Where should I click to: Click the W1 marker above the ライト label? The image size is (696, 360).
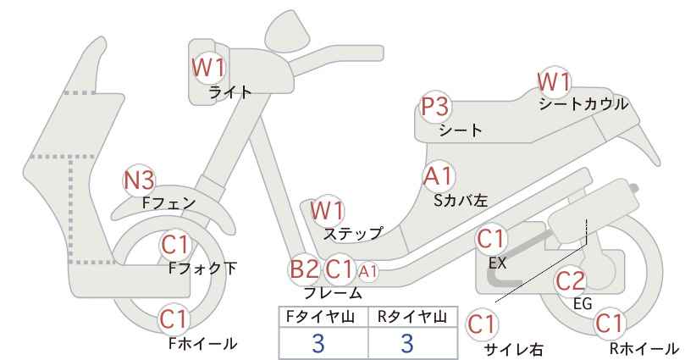tap(209, 68)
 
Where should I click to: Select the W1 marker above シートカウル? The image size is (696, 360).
tap(555, 82)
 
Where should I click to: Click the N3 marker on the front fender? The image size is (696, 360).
tap(139, 180)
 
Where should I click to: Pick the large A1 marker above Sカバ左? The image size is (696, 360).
tap(439, 176)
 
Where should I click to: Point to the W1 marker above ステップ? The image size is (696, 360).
tap(328, 211)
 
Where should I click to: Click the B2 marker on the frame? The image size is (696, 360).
tap(305, 269)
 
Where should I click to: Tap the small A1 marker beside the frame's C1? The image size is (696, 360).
tap(368, 271)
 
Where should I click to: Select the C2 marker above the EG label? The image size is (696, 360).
tap(571, 281)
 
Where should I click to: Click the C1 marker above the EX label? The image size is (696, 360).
tap(491, 240)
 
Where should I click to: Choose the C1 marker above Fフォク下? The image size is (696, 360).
tap(176, 245)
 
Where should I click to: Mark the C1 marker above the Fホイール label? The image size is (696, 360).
tap(175, 318)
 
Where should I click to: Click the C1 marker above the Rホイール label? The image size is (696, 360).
tap(610, 324)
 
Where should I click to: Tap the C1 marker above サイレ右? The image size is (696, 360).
tap(483, 324)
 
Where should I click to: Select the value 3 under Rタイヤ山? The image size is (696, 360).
tap(407, 343)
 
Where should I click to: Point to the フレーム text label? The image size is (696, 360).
tap(333, 293)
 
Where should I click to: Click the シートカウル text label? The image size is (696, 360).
tap(583, 104)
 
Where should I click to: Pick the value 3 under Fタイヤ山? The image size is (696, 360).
tap(318, 343)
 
